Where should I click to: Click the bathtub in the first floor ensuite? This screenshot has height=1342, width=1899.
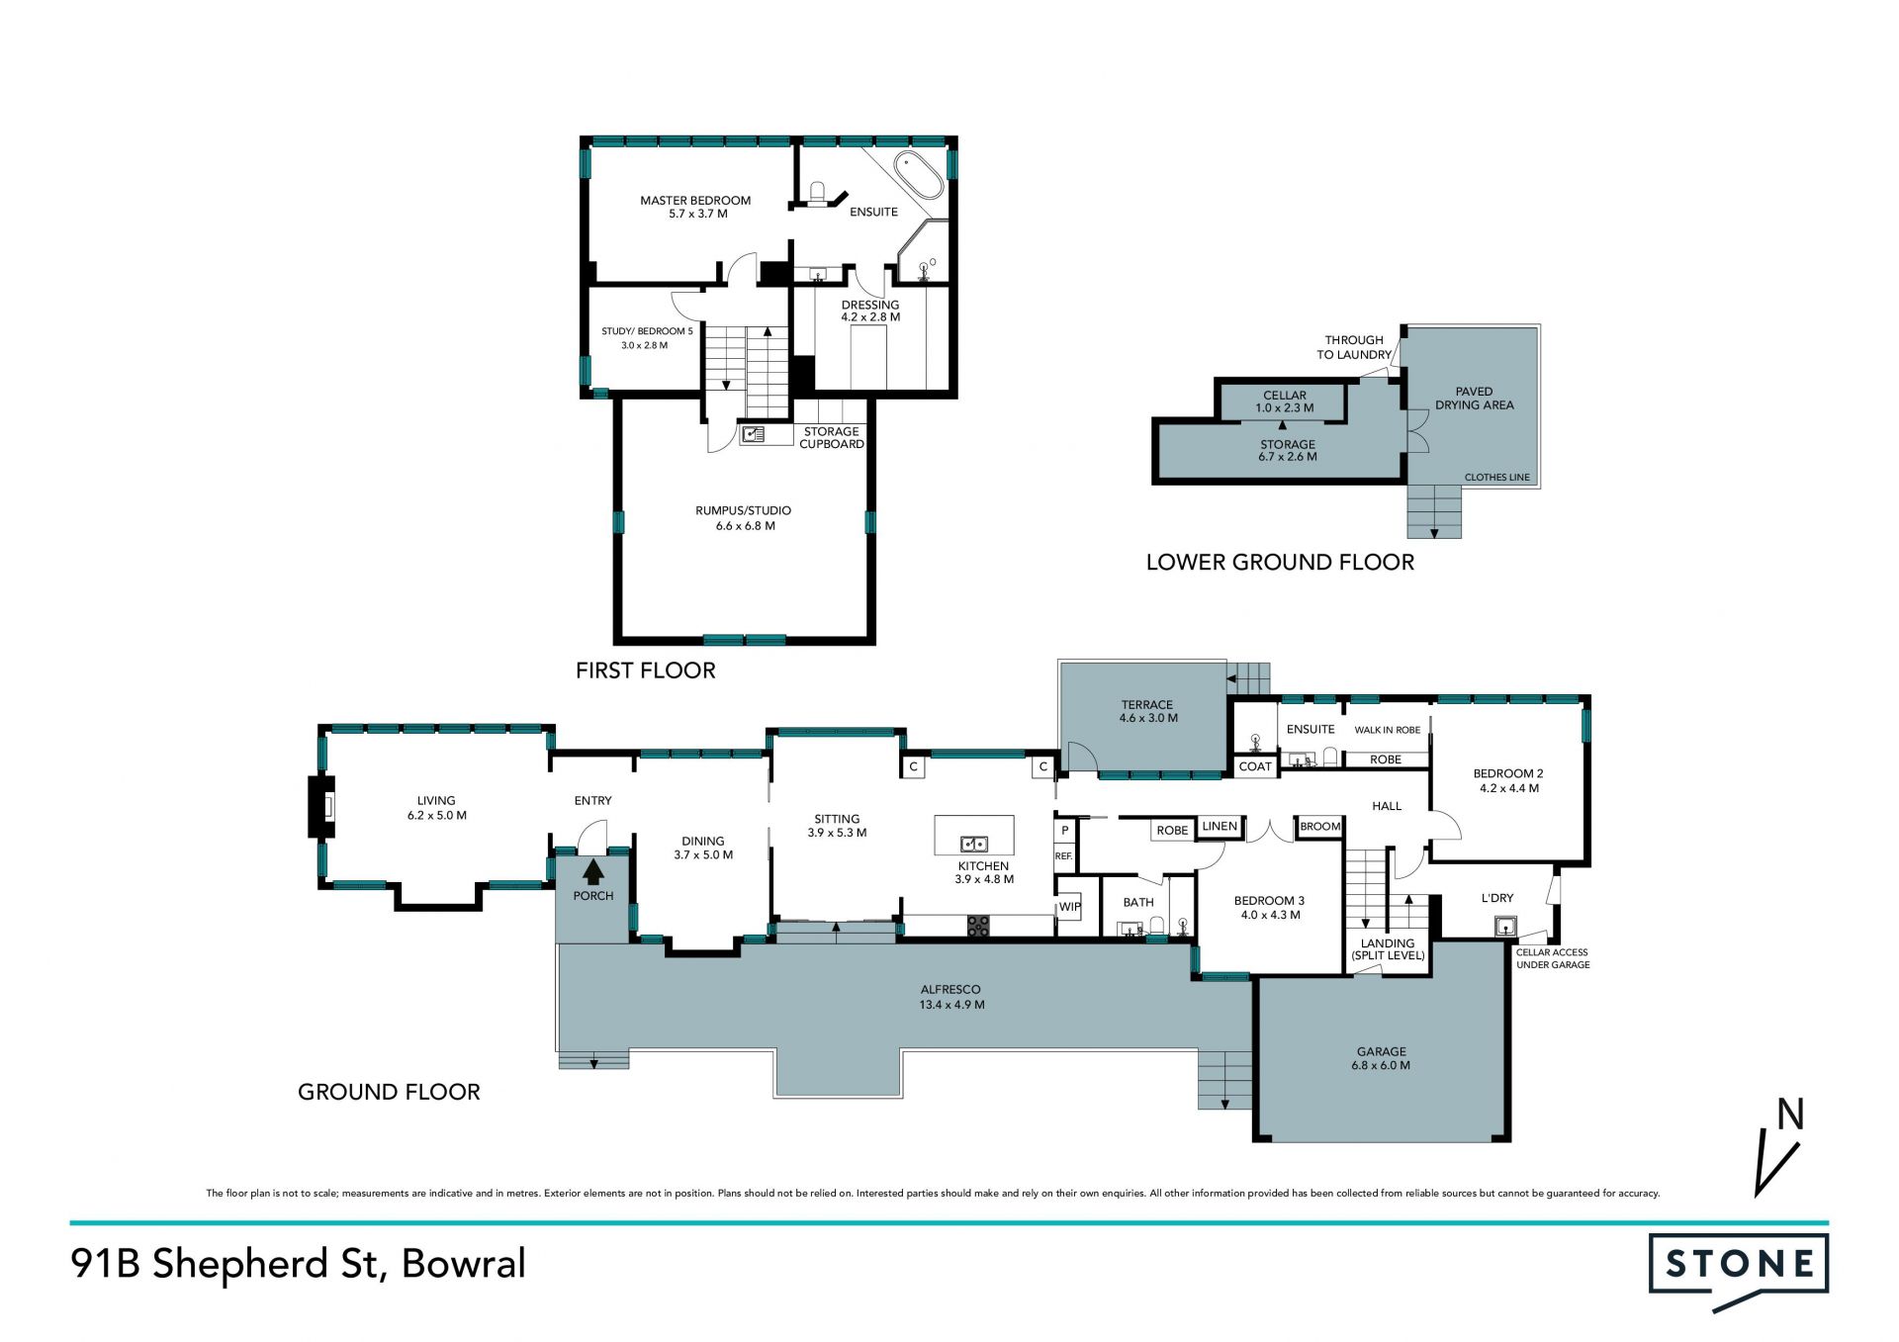click(919, 176)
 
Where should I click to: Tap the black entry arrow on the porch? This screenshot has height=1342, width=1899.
click(593, 872)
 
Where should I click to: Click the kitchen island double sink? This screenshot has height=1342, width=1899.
click(974, 844)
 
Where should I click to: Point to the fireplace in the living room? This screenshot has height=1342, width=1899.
click(320, 807)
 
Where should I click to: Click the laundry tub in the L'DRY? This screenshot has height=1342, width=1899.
click(1505, 927)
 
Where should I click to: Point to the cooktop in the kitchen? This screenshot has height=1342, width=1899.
click(978, 927)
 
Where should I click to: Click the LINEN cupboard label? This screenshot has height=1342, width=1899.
click(1220, 826)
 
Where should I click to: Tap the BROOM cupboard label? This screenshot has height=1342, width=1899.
click(1320, 827)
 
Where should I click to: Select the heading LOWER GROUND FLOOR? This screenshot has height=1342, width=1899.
click(1280, 562)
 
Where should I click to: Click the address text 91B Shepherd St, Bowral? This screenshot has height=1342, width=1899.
click(298, 1264)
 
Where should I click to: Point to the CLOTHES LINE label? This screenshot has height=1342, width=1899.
click(1496, 477)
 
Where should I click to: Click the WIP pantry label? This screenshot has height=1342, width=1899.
click(1070, 907)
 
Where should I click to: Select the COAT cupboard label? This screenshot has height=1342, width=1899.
click(1255, 766)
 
